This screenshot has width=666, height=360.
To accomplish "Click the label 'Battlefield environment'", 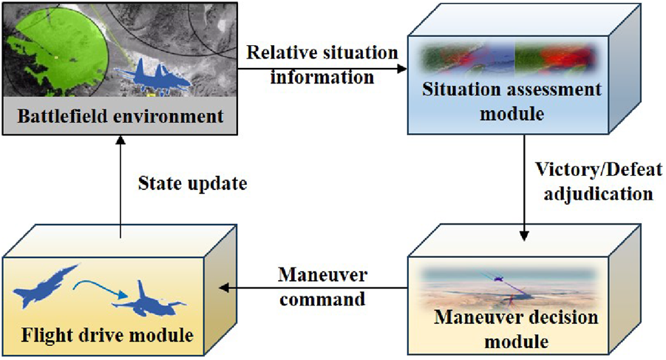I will (x=120, y=116).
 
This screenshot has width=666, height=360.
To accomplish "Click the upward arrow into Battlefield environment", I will (x=120, y=185).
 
